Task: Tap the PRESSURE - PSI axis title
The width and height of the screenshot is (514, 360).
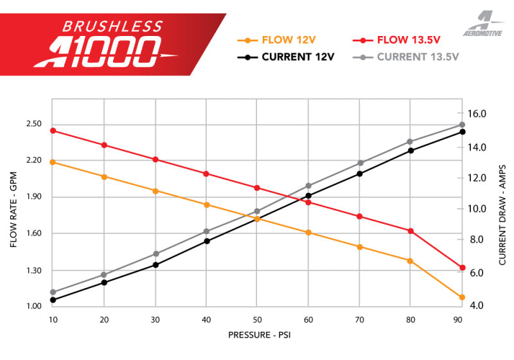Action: [x=257, y=335]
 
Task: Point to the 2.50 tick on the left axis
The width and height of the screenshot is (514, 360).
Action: [x=33, y=124]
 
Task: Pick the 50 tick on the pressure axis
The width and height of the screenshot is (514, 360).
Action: [x=257, y=319]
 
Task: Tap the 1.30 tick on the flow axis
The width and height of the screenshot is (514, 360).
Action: [x=33, y=271]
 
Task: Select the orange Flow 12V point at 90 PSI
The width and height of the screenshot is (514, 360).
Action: [x=462, y=297]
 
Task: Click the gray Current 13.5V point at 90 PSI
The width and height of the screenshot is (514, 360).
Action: [x=462, y=125]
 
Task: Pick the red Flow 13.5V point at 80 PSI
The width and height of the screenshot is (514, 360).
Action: [x=411, y=231]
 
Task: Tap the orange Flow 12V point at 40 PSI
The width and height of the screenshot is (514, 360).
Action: [x=206, y=204]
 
